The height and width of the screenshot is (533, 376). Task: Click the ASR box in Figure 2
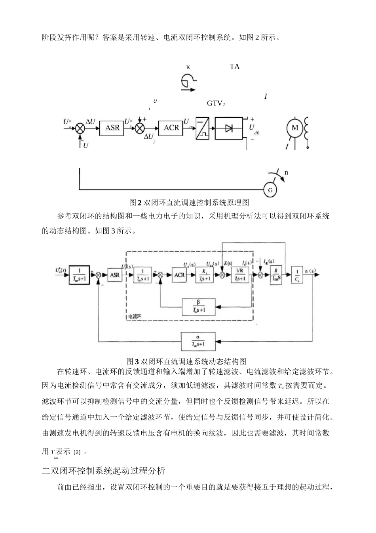[x=112, y=128]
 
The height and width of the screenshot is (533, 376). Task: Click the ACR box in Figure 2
[x=171, y=128]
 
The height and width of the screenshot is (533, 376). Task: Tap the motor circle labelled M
[x=295, y=128]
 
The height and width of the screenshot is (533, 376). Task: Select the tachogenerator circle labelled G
[x=270, y=190]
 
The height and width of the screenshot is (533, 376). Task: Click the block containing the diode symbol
[x=229, y=128]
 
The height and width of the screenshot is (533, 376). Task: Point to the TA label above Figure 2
[x=234, y=67]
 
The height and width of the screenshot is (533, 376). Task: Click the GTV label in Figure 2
[x=215, y=104]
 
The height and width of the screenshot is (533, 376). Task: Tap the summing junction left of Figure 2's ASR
[x=80, y=128]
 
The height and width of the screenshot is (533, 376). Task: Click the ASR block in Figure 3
[x=114, y=275]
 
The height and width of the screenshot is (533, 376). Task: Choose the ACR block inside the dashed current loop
[x=180, y=275]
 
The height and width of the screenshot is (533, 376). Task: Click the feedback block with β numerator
[x=199, y=307]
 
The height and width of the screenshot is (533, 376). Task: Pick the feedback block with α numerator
[x=198, y=341]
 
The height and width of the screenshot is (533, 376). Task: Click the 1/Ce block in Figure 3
[x=296, y=275]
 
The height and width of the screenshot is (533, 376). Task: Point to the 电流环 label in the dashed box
[x=135, y=316]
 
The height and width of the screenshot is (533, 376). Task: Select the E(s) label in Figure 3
[x=228, y=263]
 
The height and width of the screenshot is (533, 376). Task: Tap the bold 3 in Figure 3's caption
[x=137, y=361]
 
